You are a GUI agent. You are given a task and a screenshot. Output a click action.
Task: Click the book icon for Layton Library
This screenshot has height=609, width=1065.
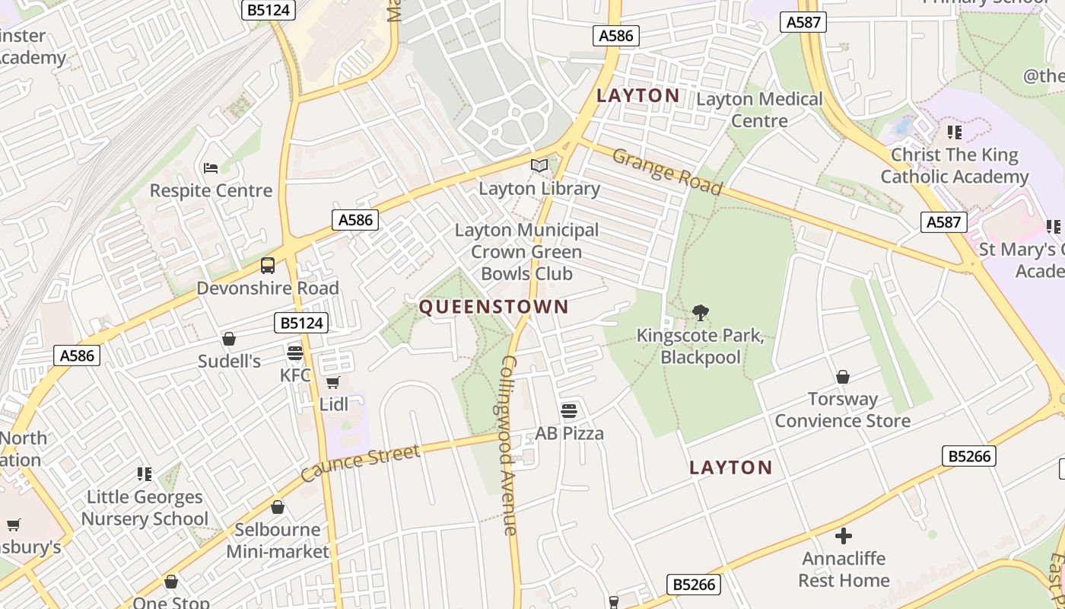click(x=539, y=165)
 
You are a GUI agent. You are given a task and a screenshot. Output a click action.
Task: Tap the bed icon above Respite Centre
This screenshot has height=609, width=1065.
click(x=211, y=167)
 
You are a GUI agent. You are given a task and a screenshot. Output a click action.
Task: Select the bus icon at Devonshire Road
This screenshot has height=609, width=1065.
click(x=268, y=266)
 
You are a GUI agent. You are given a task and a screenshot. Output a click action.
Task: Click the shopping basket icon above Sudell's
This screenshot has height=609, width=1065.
click(x=229, y=339)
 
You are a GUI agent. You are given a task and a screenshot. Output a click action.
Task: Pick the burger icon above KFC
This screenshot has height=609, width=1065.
click(x=295, y=353)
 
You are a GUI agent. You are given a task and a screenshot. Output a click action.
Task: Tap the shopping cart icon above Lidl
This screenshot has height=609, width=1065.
click(x=332, y=382)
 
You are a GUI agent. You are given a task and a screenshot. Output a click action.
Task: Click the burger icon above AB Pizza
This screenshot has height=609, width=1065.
click(x=569, y=411)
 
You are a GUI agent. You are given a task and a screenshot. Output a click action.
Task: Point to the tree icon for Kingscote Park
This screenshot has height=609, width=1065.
click(x=700, y=312)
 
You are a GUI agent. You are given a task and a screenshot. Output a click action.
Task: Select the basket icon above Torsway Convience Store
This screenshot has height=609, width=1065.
click(x=843, y=377)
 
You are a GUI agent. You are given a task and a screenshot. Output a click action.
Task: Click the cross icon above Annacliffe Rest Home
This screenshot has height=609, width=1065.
click(x=844, y=536)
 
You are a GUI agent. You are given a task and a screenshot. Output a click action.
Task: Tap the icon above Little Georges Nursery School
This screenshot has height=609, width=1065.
click(x=145, y=474)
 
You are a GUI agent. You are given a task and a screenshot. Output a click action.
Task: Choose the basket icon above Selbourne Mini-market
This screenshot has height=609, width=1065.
click(x=278, y=507)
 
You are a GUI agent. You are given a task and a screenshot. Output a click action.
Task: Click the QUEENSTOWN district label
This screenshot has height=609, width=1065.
click(x=494, y=307)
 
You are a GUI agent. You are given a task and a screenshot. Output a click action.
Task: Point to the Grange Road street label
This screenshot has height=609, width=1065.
click(x=666, y=171)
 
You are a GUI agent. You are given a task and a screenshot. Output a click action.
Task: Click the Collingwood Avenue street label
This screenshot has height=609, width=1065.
click(x=510, y=445)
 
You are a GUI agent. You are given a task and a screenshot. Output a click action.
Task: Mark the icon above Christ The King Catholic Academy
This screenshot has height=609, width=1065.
click(x=955, y=132)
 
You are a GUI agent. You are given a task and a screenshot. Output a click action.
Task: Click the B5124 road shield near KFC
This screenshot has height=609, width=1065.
click(x=302, y=323)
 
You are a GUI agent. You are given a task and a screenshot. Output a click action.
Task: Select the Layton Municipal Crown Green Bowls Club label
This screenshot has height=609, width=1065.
click(x=526, y=251)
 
